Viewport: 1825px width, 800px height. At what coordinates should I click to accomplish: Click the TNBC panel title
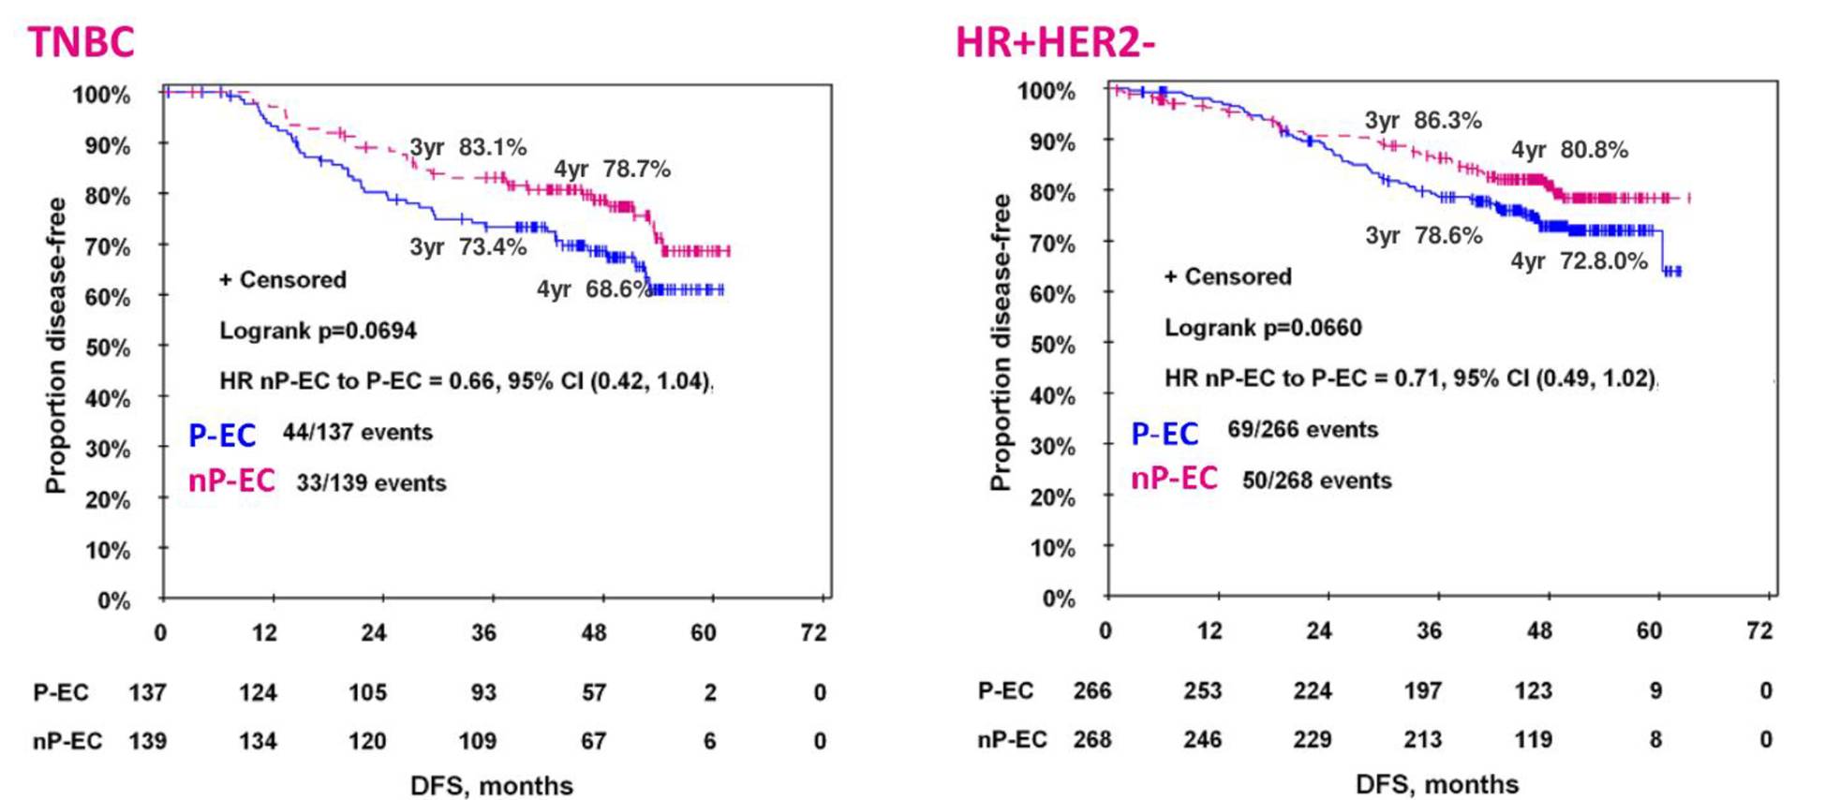click(x=82, y=42)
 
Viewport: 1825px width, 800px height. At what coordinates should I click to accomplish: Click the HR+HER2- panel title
click(x=1055, y=42)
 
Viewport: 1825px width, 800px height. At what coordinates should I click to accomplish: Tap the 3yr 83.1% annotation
click(x=467, y=148)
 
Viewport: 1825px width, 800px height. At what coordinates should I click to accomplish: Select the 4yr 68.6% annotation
click(x=593, y=289)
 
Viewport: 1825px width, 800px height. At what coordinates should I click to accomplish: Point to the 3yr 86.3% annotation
click(x=1423, y=121)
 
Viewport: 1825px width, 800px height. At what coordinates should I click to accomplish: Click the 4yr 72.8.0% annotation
click(x=1579, y=261)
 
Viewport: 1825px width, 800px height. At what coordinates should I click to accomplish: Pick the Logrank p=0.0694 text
click(x=318, y=331)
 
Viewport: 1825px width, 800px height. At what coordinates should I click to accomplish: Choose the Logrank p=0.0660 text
click(x=1263, y=328)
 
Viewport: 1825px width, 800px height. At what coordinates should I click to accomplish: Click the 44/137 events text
click(x=358, y=433)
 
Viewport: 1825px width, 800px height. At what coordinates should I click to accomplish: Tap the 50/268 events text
click(x=1316, y=481)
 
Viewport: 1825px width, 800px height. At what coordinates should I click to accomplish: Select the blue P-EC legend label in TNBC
click(x=222, y=436)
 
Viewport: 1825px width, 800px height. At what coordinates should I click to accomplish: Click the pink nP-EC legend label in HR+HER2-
click(x=1174, y=479)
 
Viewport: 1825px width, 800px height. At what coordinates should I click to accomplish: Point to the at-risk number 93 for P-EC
click(x=483, y=693)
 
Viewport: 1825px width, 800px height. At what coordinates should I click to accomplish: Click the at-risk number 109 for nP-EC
click(x=478, y=742)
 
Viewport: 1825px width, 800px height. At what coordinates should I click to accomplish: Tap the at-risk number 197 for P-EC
click(x=1422, y=691)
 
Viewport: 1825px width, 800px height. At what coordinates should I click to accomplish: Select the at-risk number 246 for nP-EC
click(x=1202, y=740)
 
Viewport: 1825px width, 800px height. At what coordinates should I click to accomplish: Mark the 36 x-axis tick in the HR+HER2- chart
click(x=1429, y=631)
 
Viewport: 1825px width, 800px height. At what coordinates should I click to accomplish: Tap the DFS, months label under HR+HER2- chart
click(x=1437, y=784)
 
